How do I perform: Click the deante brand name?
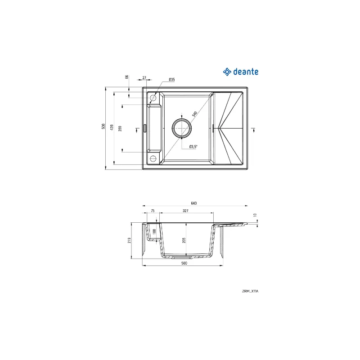click(x=245, y=71)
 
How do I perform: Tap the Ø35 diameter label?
click(x=171, y=80)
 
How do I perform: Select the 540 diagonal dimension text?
click(x=195, y=114)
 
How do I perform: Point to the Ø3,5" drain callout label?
click(x=193, y=147)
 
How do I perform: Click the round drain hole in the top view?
click(x=182, y=128)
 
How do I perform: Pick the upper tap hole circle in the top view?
click(x=153, y=98)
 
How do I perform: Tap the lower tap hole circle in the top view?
click(x=153, y=158)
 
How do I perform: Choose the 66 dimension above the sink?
click(x=127, y=77)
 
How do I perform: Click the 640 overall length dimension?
click(x=194, y=203)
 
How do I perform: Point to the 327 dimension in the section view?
click(x=185, y=210)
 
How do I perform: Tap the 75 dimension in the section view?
click(x=153, y=210)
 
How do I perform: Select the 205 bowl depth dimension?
click(x=184, y=240)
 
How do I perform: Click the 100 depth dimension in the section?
click(x=154, y=232)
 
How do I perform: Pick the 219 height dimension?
click(x=129, y=241)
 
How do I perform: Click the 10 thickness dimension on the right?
click(x=255, y=216)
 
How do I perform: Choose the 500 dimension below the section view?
click(x=184, y=264)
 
